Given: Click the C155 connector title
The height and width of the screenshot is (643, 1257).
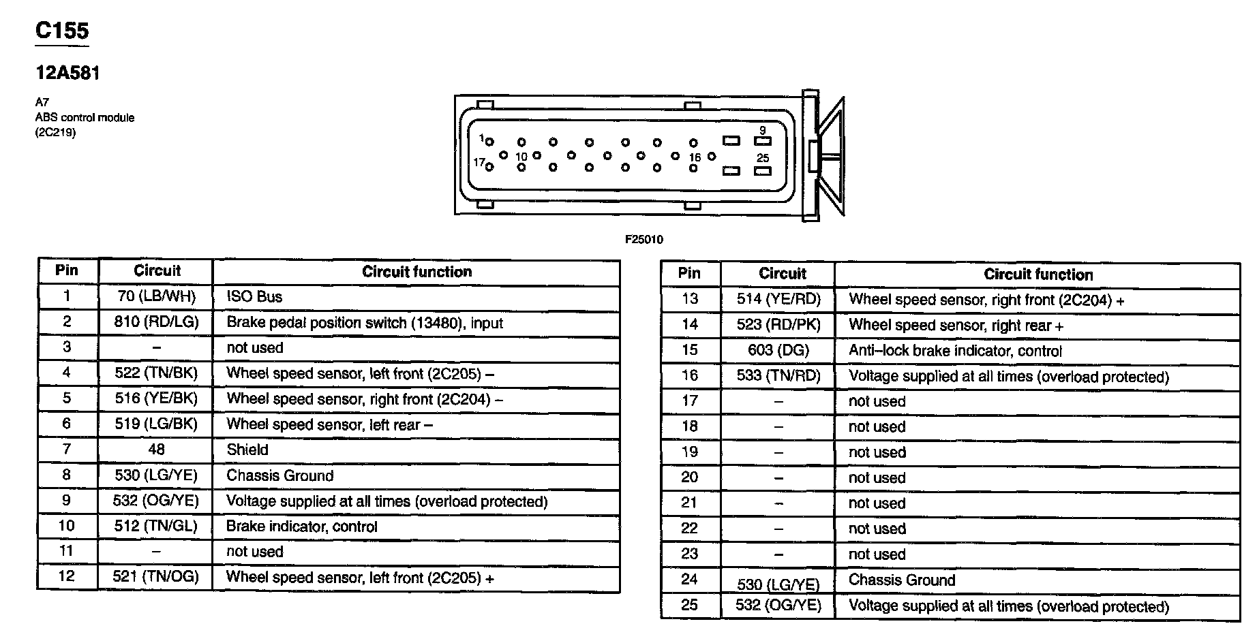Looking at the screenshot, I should tap(62, 31).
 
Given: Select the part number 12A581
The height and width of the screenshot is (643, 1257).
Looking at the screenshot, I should tap(67, 74).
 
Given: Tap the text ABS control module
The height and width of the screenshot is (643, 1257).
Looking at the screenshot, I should tap(85, 117).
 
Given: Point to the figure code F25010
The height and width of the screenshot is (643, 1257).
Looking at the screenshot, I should tap(643, 240).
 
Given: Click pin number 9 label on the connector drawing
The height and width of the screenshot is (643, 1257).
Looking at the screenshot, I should tap(762, 130).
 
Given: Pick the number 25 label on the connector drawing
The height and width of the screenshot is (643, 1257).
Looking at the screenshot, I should tap(762, 158).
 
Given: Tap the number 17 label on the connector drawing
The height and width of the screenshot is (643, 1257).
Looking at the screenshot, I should tap(479, 162).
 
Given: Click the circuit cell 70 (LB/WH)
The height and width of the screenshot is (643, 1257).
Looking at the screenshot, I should tap(156, 296).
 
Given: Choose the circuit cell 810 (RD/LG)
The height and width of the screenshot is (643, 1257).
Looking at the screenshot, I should tap(156, 321).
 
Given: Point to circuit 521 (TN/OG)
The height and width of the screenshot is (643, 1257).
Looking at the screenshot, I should tap(156, 577).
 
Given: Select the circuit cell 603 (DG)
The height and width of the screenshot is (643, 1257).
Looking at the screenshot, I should tap(778, 350).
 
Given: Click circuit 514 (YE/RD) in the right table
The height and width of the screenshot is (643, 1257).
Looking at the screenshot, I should tap(778, 299).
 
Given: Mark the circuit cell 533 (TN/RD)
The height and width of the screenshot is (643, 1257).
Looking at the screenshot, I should tap(778, 375).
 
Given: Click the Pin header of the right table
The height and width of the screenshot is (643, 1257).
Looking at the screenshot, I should tap(689, 274).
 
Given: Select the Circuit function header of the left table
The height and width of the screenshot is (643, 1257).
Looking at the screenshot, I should tap(417, 272).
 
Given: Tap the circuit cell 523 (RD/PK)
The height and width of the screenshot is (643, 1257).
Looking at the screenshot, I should tap(778, 325).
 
